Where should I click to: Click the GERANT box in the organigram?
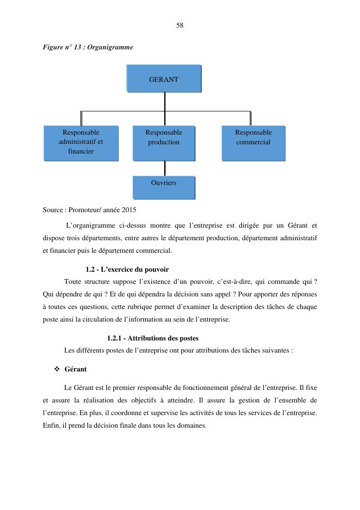coord(164,78)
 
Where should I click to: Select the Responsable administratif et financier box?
coord(81,142)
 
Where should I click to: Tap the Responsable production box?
coord(164,142)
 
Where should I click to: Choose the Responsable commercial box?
coord(253,142)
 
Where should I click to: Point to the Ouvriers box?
coord(164,187)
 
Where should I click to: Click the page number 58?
coord(180,25)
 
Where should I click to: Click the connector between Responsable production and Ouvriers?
coord(165,168)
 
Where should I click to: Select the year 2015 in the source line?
coord(129,210)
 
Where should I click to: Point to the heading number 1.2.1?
coord(115,338)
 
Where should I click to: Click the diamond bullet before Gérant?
coord(57,369)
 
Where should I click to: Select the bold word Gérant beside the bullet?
coord(75,369)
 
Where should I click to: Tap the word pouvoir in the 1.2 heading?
coord(156,269)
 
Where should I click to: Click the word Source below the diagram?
coord(53,210)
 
